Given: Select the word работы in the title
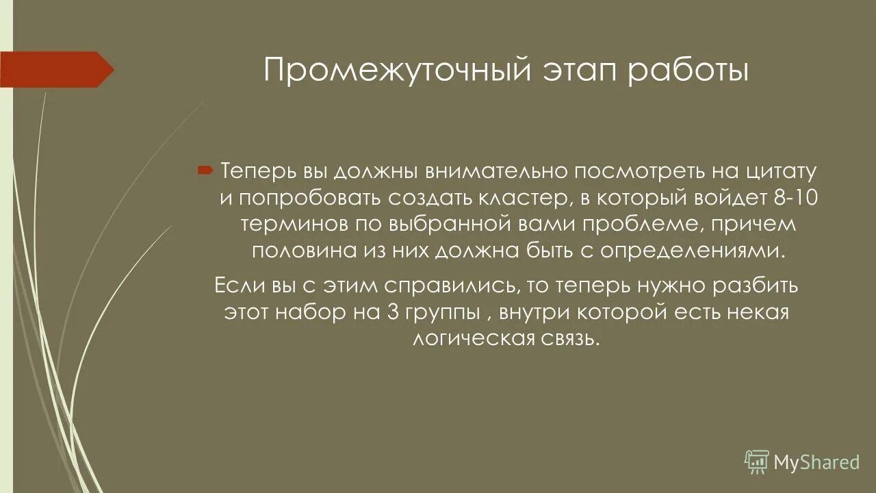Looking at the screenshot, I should click(691, 71).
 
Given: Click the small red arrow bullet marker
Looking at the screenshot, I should click(205, 170).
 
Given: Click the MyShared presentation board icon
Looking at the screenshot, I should click(757, 462).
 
